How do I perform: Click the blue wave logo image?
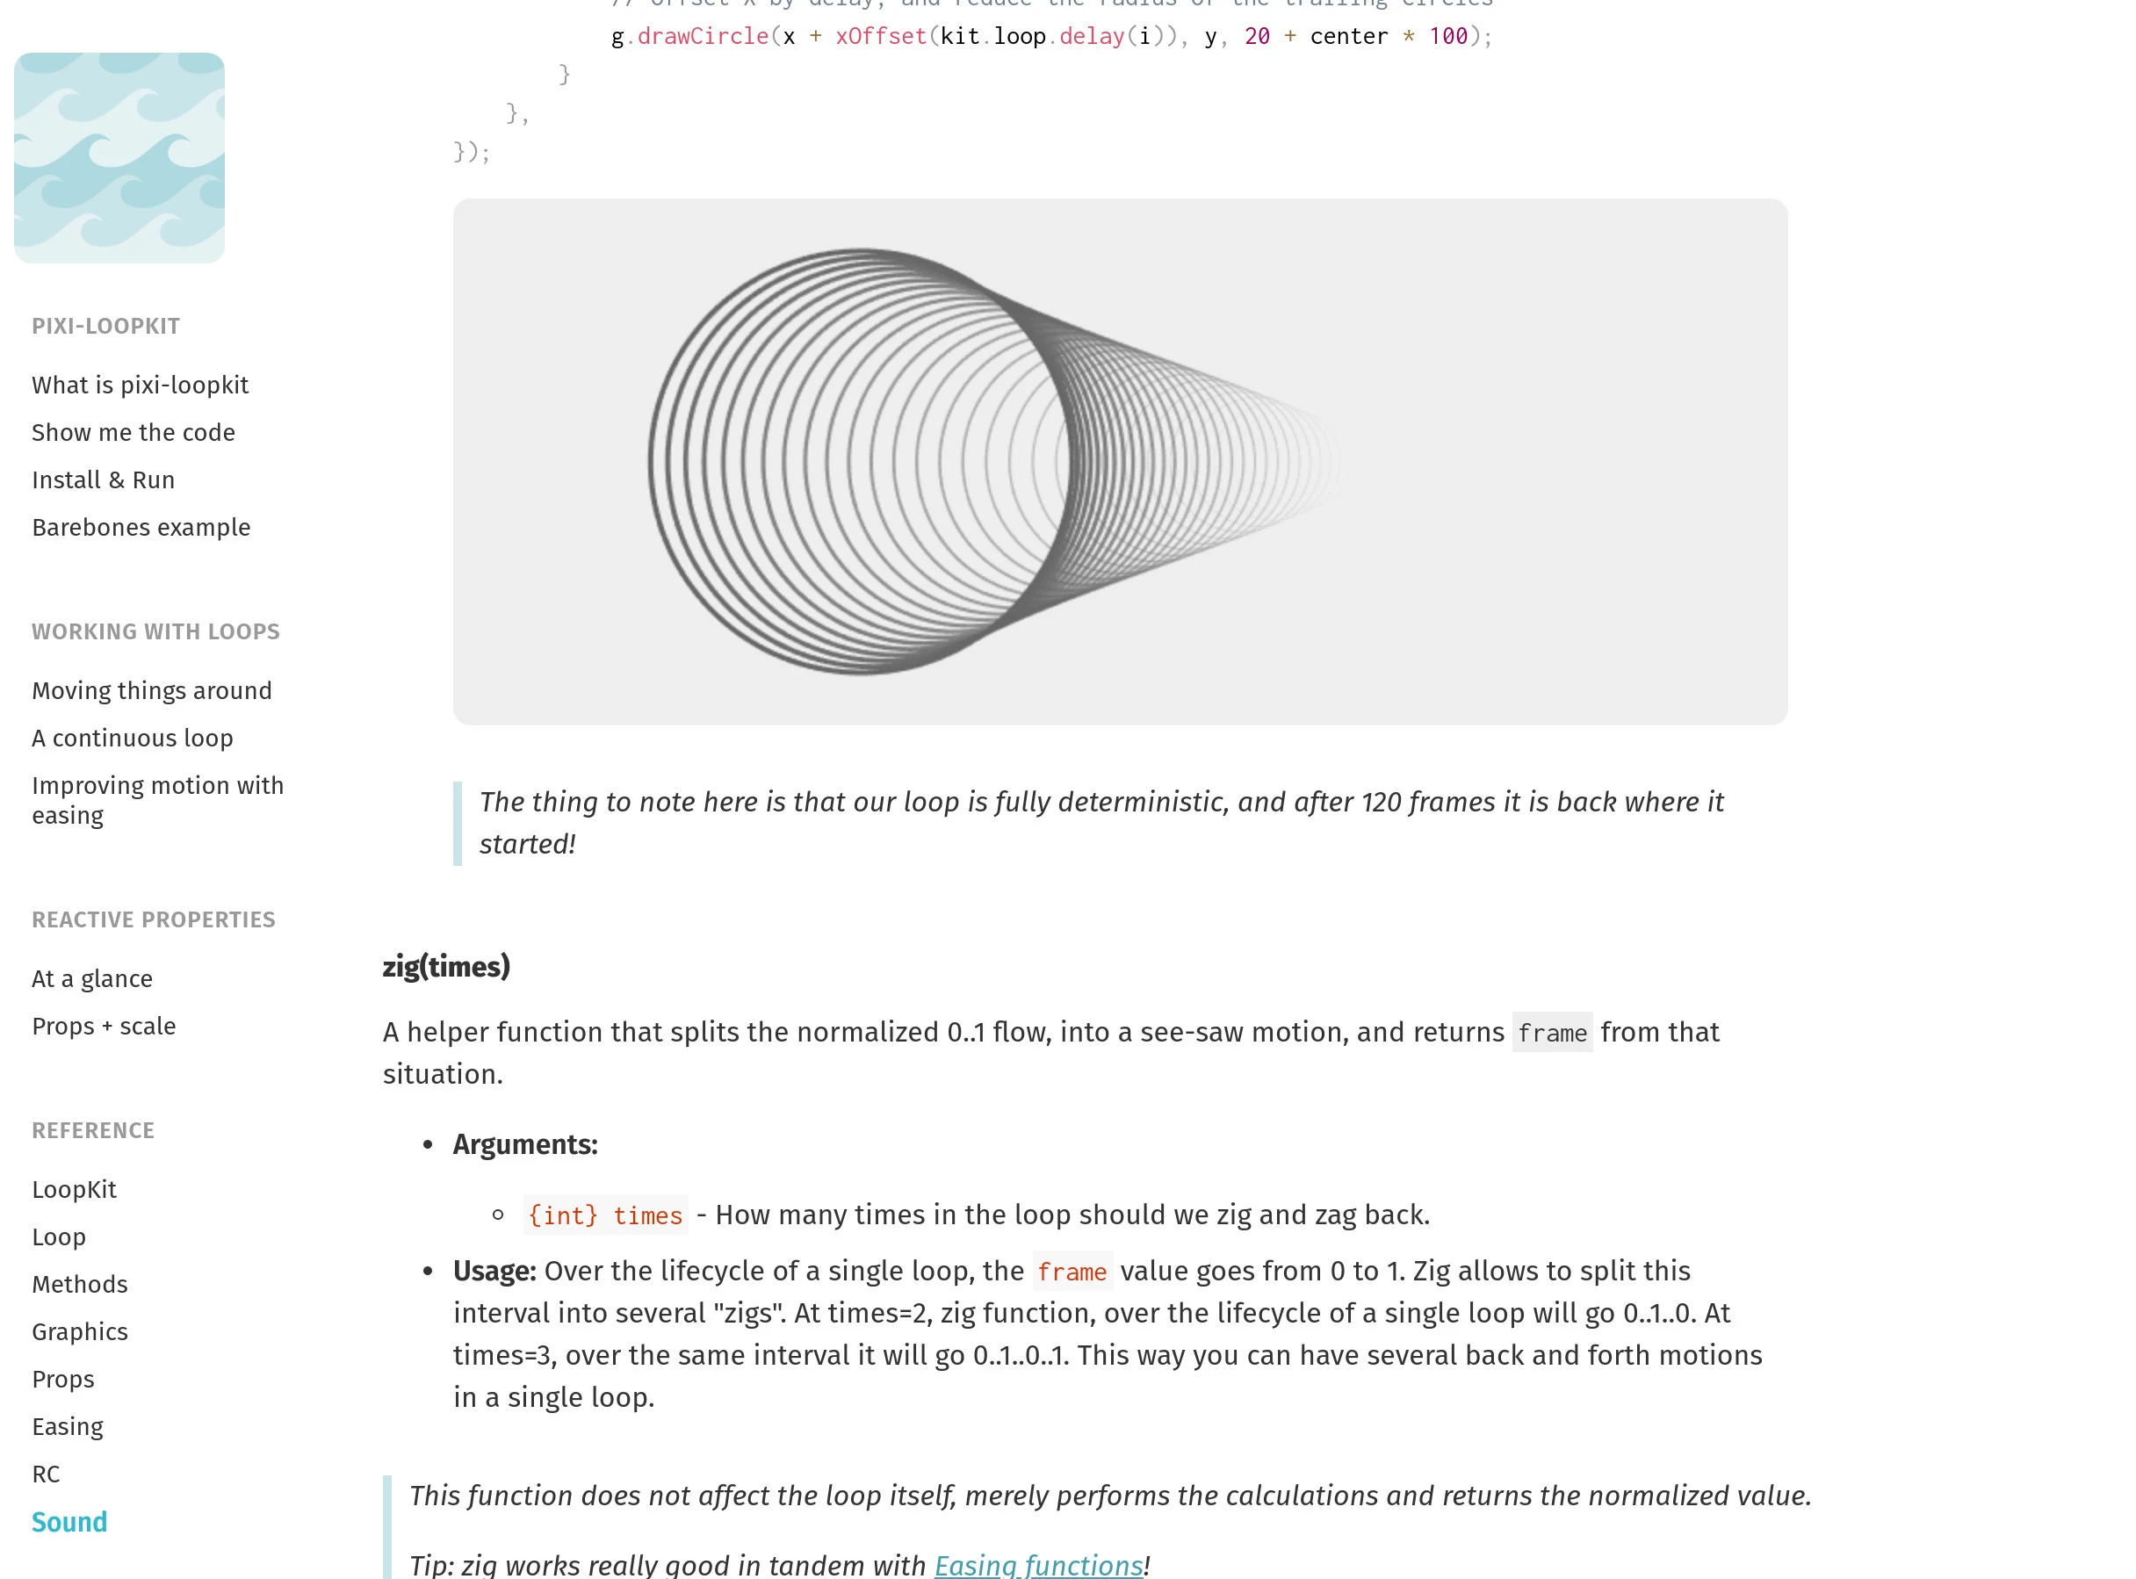click(119, 158)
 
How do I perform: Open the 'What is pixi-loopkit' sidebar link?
click(140, 386)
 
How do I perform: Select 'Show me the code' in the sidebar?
click(133, 433)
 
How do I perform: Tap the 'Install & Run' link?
click(104, 479)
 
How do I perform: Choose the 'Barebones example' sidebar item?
click(141, 528)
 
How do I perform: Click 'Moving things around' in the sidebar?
click(151, 691)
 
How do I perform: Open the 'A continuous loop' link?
click(132, 739)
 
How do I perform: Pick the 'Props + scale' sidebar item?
click(104, 1027)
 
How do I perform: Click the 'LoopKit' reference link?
click(74, 1190)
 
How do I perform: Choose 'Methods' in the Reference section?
click(79, 1285)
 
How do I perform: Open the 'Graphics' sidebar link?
click(79, 1332)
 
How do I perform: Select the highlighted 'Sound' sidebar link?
click(69, 1523)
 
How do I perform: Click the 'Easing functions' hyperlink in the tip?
click(1039, 1566)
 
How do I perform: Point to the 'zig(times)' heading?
click(446, 967)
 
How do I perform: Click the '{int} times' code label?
click(605, 1215)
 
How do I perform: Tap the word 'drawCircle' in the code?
click(703, 36)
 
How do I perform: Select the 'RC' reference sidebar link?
click(46, 1474)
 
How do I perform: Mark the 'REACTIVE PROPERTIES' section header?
click(153, 920)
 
